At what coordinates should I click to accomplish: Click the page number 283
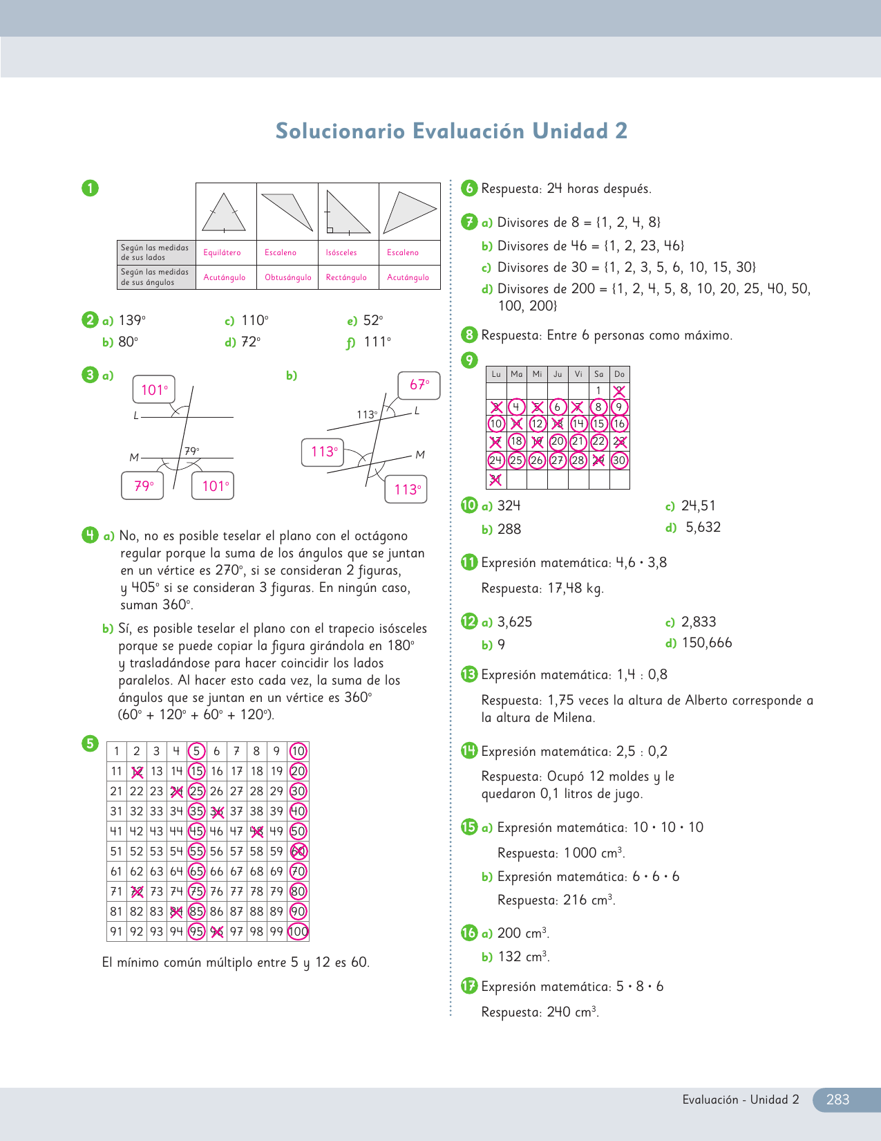tap(837, 1100)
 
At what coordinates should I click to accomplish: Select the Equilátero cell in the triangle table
tap(222, 252)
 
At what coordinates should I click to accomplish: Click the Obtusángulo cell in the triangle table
tap(287, 277)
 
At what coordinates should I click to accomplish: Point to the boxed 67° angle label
tap(419, 384)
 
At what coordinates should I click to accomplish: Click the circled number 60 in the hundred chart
tap(298, 851)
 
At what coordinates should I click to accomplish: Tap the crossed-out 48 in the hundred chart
tap(257, 831)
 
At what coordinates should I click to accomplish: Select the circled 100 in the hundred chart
tap(298, 931)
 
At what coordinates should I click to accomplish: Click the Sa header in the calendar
tap(598, 374)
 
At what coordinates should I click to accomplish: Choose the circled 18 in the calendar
tap(516, 441)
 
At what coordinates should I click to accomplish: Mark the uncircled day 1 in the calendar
tap(598, 391)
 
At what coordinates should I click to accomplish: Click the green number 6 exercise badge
tap(469, 188)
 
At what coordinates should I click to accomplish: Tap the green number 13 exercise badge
tap(469, 674)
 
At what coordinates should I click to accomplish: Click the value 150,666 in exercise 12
tap(707, 642)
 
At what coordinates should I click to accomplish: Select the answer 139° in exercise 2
tap(132, 320)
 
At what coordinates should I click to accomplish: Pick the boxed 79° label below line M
tap(143, 486)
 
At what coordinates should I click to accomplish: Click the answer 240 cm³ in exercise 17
tap(572, 1012)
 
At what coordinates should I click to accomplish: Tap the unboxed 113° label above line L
tap(367, 414)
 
